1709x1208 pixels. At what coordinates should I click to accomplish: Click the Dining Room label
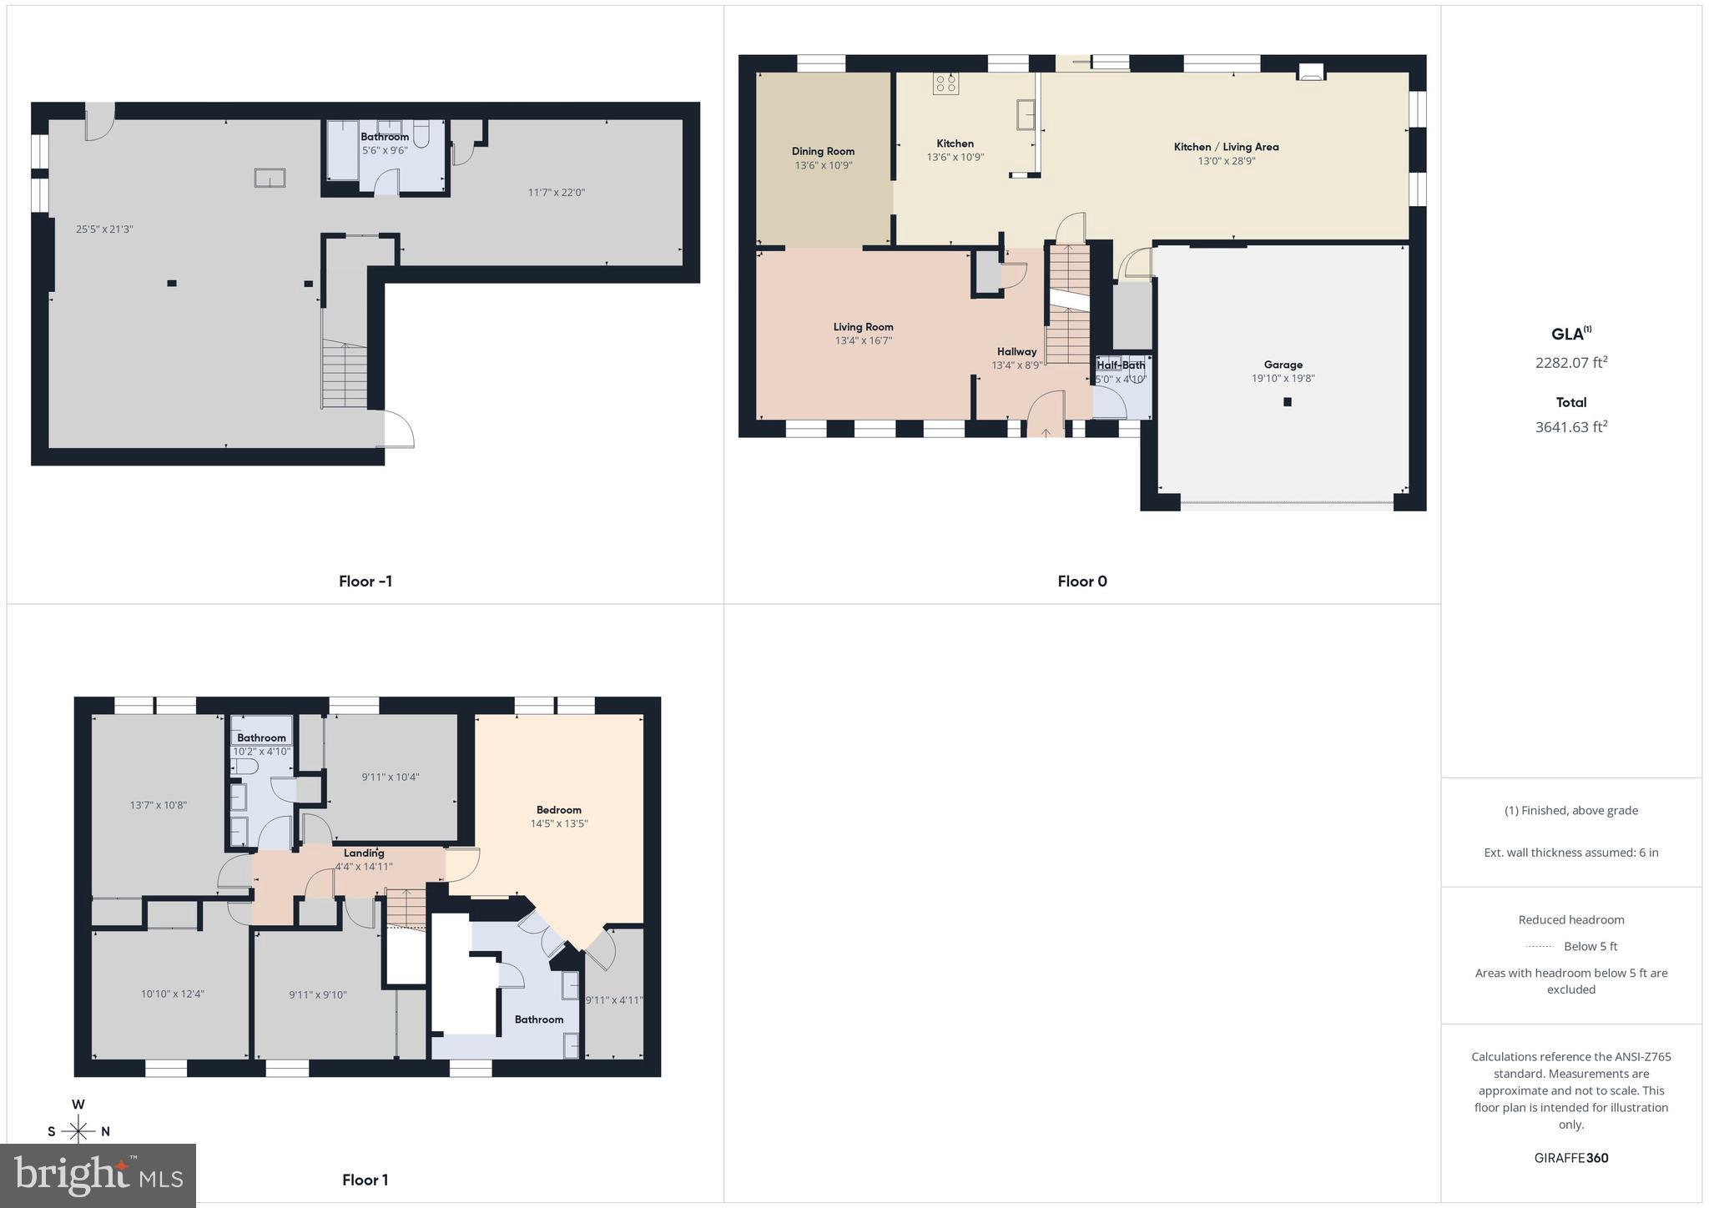(x=823, y=151)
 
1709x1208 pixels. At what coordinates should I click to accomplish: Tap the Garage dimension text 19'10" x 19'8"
(x=1283, y=379)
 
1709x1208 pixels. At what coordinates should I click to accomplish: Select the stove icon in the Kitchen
(x=945, y=83)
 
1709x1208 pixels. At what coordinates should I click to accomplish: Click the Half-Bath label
(x=1121, y=365)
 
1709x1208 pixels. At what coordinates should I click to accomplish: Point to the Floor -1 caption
(x=365, y=581)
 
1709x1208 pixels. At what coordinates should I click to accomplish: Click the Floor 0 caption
(x=1081, y=581)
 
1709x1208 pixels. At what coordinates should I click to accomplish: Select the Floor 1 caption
(x=365, y=1180)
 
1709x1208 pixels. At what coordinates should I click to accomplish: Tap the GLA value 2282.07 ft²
(x=1570, y=363)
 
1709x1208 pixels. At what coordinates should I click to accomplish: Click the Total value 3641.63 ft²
(x=1570, y=427)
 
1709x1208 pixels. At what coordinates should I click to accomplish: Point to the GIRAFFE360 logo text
(x=1570, y=1158)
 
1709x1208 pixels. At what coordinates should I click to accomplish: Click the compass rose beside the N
(x=78, y=1131)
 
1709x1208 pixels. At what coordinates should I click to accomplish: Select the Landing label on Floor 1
(x=364, y=853)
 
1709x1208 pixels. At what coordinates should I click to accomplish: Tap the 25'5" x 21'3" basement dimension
(x=104, y=229)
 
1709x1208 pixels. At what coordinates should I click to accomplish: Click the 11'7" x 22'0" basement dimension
(x=556, y=193)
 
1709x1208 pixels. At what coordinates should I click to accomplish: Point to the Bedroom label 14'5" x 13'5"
(x=558, y=817)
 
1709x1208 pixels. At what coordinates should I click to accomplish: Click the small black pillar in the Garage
(x=1287, y=402)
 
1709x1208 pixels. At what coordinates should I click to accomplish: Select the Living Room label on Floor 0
(x=863, y=327)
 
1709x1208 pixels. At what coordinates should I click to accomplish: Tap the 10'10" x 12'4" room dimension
(x=172, y=994)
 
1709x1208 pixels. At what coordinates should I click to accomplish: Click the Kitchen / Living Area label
(x=1226, y=147)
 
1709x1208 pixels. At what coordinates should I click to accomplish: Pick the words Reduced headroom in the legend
(x=1570, y=919)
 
